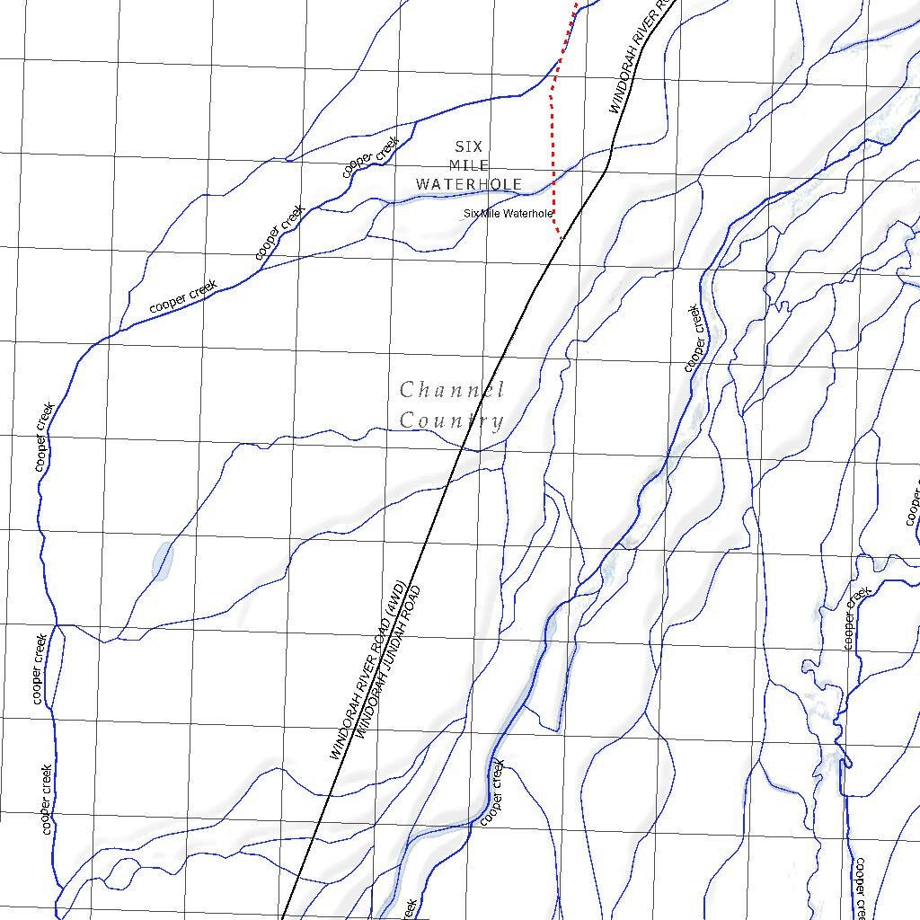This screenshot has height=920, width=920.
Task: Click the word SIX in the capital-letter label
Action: click(468, 146)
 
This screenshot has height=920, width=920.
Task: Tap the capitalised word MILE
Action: click(468, 165)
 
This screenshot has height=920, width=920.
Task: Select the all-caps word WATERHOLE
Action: click(468, 185)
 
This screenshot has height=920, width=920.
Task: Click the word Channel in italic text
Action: click(451, 390)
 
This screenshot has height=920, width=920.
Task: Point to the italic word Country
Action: click(451, 420)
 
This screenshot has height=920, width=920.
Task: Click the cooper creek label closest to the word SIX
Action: click(370, 156)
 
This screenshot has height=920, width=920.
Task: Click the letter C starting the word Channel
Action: click(407, 390)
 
